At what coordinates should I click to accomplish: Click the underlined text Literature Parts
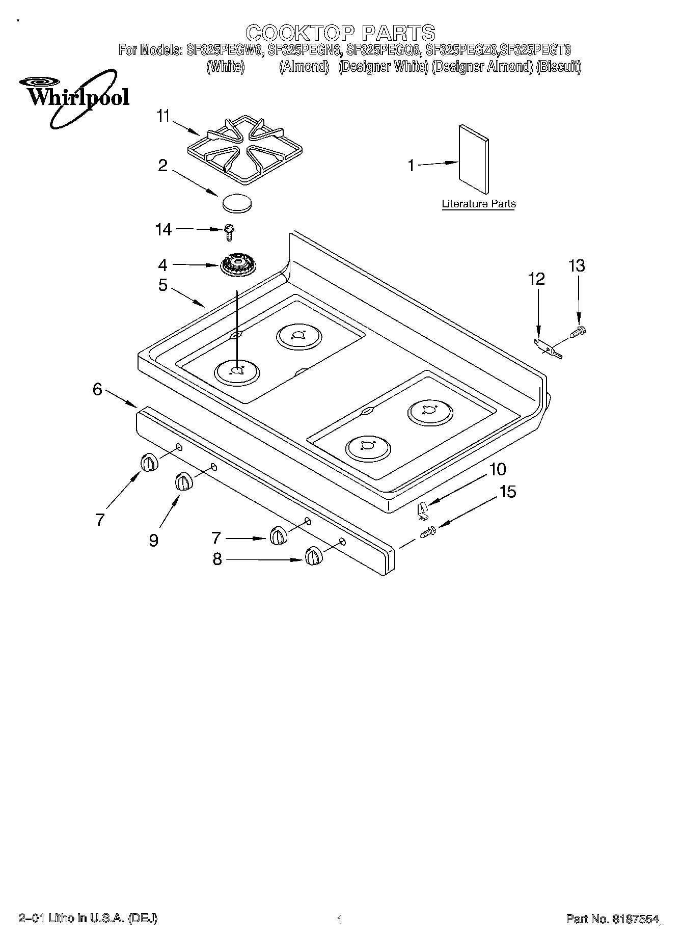[478, 204]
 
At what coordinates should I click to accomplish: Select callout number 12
[536, 279]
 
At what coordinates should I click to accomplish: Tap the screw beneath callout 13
[579, 332]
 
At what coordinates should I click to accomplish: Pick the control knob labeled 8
[313, 556]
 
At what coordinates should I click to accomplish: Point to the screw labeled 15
[427, 532]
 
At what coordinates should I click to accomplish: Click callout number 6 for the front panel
[97, 389]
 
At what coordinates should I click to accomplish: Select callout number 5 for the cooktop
[162, 285]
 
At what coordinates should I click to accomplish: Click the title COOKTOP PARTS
[340, 33]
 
